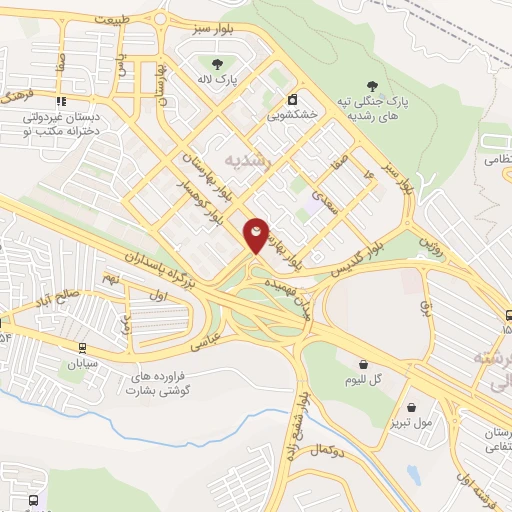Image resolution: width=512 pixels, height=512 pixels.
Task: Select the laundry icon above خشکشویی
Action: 292,100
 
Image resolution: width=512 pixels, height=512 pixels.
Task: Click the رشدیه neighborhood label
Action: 247,160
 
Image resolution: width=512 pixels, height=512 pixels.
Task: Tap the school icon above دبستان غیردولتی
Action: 60,101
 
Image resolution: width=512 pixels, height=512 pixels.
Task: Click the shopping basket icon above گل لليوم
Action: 356,365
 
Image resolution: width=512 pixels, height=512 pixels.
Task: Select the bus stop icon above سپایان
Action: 81,349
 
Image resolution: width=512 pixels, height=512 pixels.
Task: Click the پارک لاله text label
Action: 216,80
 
